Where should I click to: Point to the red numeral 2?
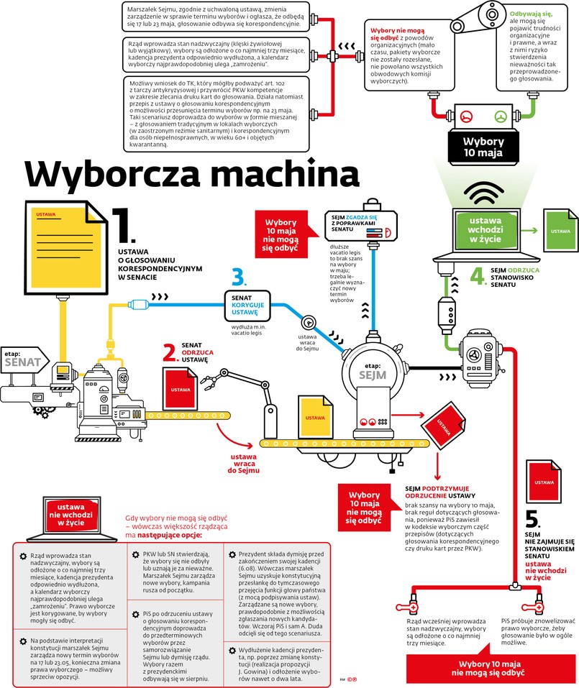170,352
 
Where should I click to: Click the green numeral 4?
478,275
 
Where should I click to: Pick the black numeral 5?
532,519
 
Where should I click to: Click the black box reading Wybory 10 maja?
488,147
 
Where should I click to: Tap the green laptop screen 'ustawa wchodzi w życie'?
490,229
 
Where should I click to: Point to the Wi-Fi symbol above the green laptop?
489,191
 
